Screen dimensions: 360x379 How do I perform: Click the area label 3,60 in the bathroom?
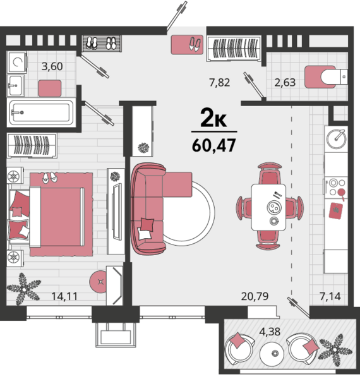click(x=52, y=66)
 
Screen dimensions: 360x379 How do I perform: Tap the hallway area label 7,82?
click(x=219, y=82)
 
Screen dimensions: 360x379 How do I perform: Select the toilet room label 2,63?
click(x=285, y=82)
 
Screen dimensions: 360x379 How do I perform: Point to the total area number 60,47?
click(x=214, y=145)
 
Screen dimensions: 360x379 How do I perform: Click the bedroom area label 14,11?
click(x=64, y=296)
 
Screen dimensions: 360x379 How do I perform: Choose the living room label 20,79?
click(x=255, y=296)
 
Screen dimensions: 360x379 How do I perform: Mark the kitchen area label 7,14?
click(x=330, y=296)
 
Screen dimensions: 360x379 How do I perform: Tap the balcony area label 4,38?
click(x=270, y=332)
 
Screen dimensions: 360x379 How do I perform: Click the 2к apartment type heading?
click(x=213, y=117)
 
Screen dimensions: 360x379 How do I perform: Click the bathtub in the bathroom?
click(x=41, y=112)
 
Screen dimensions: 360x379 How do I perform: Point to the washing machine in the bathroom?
click(x=16, y=62)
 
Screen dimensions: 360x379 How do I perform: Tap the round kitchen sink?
click(x=336, y=139)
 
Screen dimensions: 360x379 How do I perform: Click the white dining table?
click(x=268, y=207)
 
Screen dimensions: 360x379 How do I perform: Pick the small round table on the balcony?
click(x=272, y=354)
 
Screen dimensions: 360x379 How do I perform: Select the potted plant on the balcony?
click(x=335, y=350)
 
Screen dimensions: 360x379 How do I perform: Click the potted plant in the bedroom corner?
click(x=23, y=289)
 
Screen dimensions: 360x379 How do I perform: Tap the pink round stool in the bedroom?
click(x=98, y=282)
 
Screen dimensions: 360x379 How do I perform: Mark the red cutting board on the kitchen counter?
click(x=335, y=211)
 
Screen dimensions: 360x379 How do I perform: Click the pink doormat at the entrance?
click(x=187, y=44)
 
